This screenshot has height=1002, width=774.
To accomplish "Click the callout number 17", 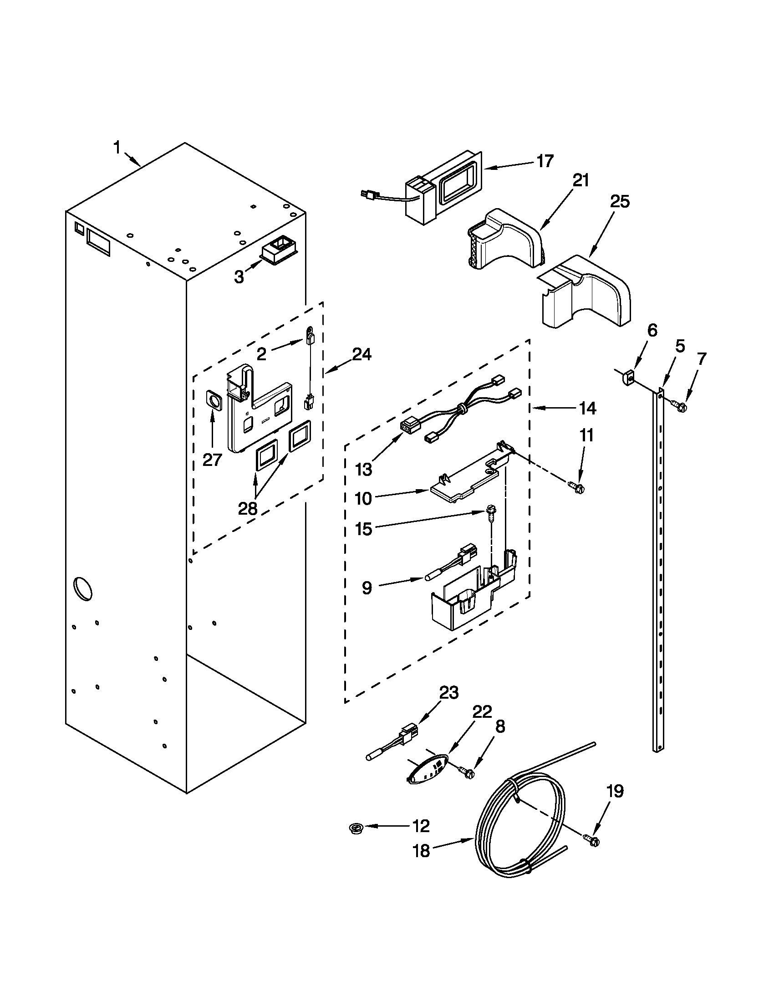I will [x=545, y=162].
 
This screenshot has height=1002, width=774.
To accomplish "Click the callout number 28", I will [x=248, y=508].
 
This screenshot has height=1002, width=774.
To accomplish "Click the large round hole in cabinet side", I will [x=83, y=588].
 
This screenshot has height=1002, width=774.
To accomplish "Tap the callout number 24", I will [x=362, y=354].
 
